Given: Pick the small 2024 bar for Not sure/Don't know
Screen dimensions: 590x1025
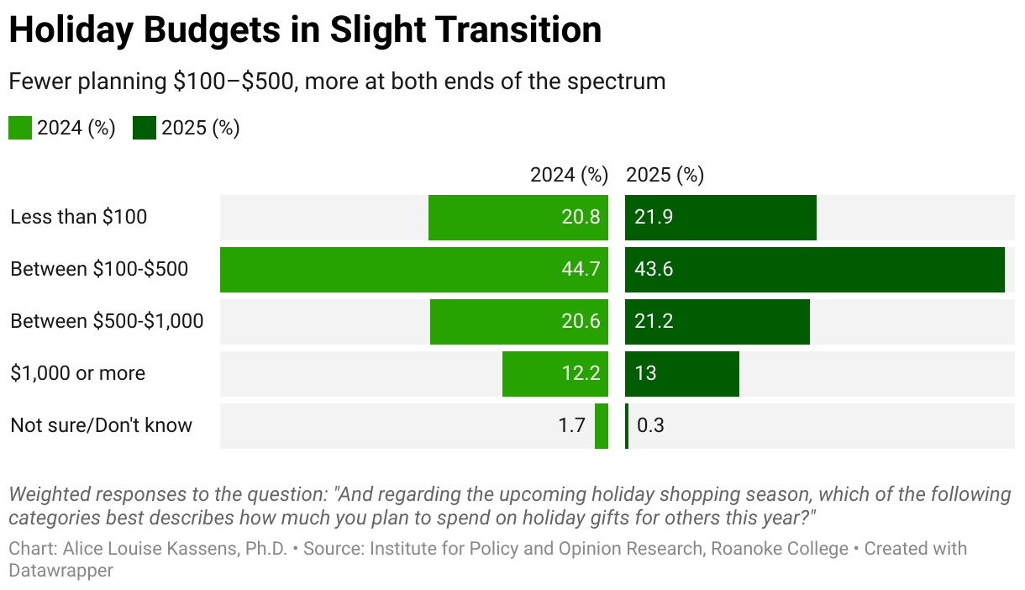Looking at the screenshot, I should (x=602, y=426).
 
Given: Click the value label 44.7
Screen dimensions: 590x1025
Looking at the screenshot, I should (x=581, y=270).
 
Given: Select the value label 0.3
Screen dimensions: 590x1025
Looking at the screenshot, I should (x=650, y=425).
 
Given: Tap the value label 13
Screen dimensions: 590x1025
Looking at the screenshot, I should (x=645, y=373).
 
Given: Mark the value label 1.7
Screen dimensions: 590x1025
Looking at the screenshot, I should (x=572, y=425).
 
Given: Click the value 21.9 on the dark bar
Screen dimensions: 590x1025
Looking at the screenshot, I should (x=654, y=217).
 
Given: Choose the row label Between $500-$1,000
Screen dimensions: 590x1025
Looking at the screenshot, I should (x=107, y=321).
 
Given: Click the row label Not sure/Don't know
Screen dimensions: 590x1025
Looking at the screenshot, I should (x=101, y=425).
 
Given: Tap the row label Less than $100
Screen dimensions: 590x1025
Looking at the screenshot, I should (x=78, y=217).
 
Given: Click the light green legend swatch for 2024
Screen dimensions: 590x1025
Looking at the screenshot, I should (x=20, y=129).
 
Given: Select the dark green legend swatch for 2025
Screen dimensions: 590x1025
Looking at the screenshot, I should (x=145, y=129).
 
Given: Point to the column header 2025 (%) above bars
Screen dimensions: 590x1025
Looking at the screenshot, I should (x=665, y=175).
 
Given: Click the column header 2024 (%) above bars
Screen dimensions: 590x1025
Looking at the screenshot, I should (x=569, y=175).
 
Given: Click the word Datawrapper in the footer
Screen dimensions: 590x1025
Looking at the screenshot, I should (x=60, y=570).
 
